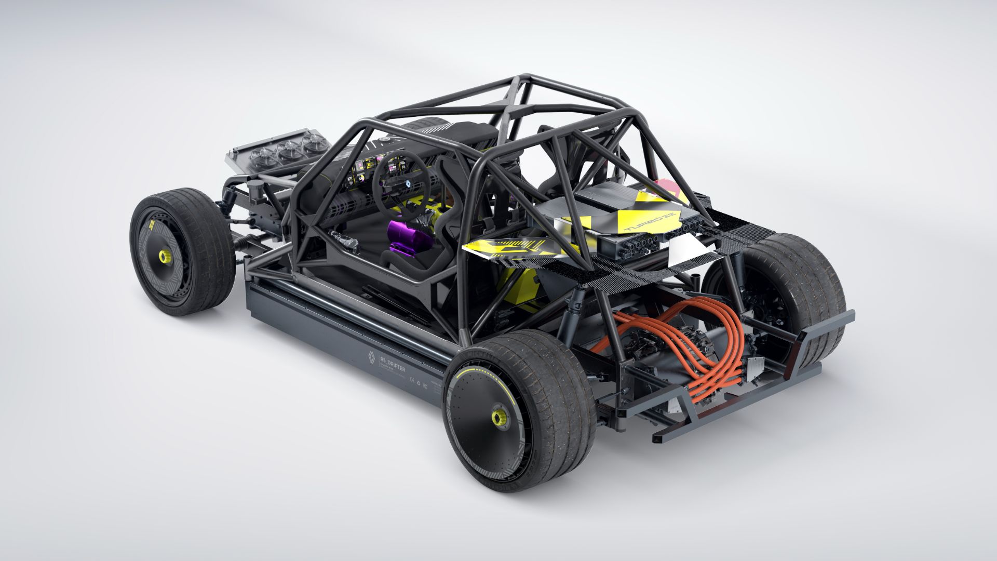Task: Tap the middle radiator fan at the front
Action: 288,151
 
